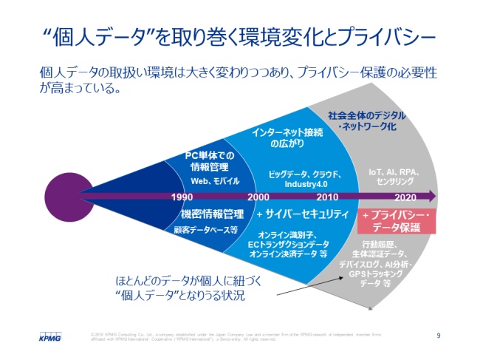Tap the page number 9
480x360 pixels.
tap(439, 336)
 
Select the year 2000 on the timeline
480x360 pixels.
tap(258, 198)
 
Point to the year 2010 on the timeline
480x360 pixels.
tap(327, 198)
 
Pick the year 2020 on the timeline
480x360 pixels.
tap(405, 198)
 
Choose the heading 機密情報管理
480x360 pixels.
tap(213, 214)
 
